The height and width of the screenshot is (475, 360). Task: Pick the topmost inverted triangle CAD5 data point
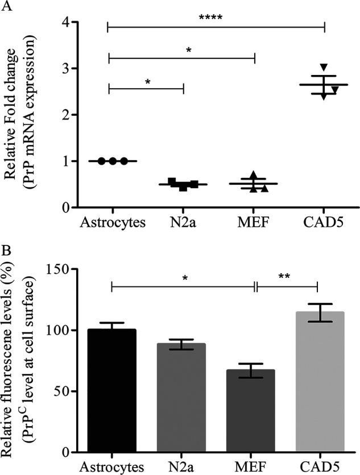click(x=324, y=68)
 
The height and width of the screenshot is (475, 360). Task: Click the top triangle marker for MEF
click(x=254, y=174)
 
